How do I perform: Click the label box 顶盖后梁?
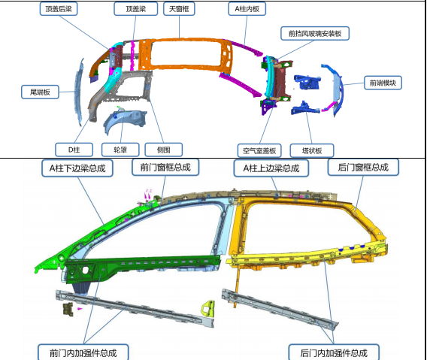(x=59, y=9)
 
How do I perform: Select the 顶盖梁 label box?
(x=135, y=9)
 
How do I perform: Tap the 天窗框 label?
(x=179, y=9)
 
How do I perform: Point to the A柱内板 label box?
(x=247, y=9)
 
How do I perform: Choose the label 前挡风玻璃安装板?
(x=315, y=34)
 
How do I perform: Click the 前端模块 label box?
(x=383, y=83)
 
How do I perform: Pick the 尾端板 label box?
(x=40, y=92)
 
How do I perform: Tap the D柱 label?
(x=74, y=150)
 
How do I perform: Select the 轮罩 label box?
(x=120, y=150)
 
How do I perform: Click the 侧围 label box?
(x=164, y=150)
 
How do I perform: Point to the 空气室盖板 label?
(x=259, y=150)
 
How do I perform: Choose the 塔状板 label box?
(x=312, y=150)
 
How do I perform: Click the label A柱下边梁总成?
(x=77, y=168)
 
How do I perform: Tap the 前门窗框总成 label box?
(x=165, y=167)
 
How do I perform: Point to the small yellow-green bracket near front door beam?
(x=208, y=309)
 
